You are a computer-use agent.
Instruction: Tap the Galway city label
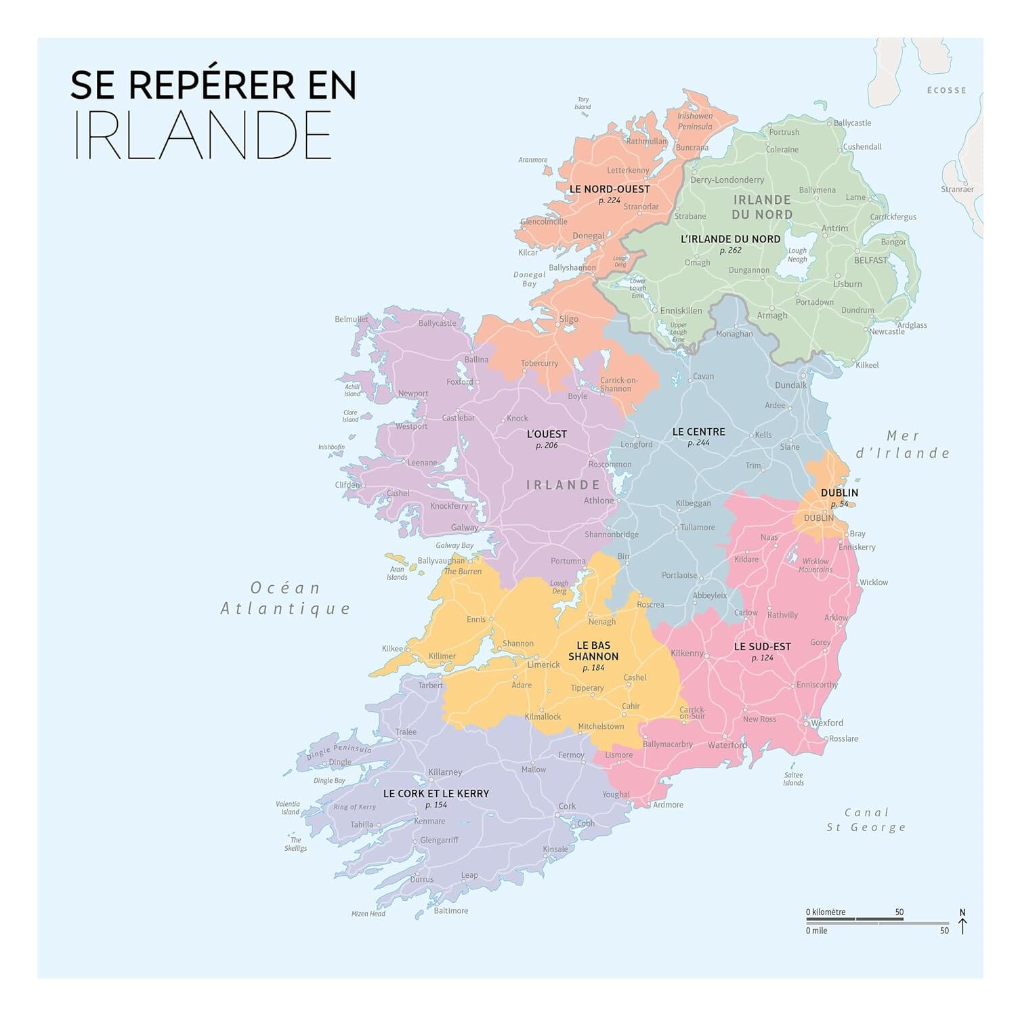[465, 528]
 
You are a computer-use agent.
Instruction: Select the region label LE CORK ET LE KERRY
[436, 793]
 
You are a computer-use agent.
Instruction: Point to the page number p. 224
[609, 200]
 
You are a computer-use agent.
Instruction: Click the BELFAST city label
[870, 260]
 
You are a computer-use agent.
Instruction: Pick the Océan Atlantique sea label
[285, 598]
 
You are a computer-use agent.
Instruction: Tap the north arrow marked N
[962, 922]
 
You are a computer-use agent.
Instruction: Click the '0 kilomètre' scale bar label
[826, 912]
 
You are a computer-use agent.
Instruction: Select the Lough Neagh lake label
[797, 255]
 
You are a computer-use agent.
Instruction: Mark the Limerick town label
[543, 664]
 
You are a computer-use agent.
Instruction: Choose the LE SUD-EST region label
[762, 646]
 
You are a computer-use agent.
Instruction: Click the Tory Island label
[583, 103]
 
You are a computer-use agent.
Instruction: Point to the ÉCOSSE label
[946, 90]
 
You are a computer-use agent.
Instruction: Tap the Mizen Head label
[368, 914]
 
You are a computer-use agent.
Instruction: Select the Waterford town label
[727, 745]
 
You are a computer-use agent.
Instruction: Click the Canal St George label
[866, 820]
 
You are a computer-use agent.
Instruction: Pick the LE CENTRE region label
[698, 431]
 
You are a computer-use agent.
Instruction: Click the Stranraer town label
[957, 189]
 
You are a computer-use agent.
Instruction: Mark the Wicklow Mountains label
[816, 565]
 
